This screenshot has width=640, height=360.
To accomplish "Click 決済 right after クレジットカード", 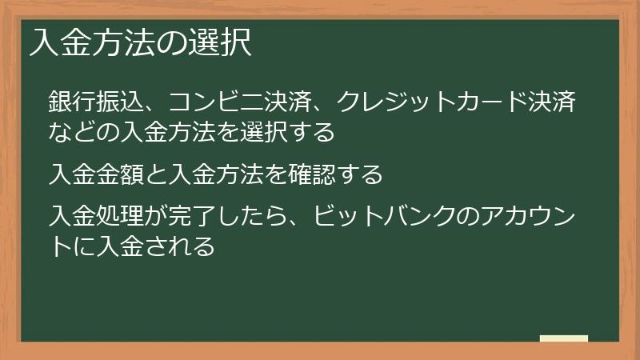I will (x=551, y=102).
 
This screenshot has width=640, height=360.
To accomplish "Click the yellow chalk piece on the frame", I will (x=564, y=338).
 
